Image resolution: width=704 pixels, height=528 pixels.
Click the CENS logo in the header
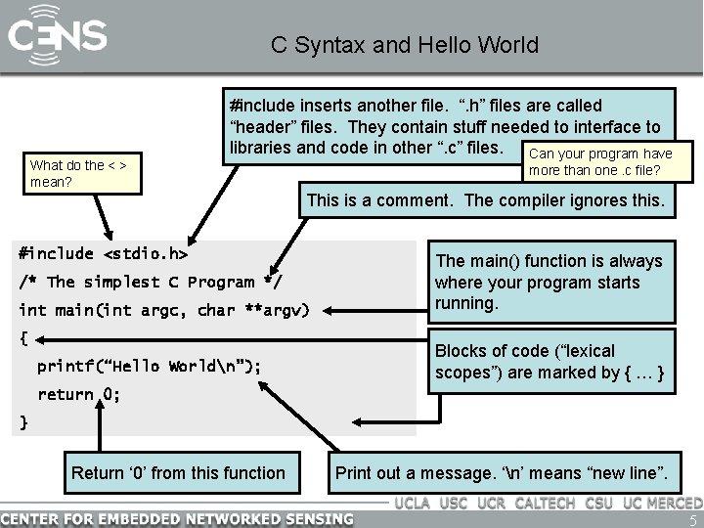pos(57,37)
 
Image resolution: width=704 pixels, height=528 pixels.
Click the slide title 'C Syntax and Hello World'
pos(404,45)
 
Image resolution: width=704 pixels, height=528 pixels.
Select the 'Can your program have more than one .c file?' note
pos(599,162)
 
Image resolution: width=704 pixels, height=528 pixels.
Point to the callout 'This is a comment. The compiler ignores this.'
pos(486,201)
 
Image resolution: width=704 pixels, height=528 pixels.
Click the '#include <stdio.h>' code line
pos(103,253)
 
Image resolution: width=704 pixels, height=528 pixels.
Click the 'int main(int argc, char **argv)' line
pos(163,311)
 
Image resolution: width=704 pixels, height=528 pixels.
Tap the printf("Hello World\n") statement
pos(149,367)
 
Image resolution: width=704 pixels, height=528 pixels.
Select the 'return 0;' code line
pos(78,395)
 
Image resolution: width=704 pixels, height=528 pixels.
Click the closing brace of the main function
pos(24,422)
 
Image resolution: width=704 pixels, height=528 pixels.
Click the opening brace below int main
pos(24,339)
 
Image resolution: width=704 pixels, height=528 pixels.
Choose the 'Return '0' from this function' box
pos(178,473)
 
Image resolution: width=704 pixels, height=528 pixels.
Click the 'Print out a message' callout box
pos(502,473)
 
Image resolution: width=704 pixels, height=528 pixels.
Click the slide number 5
pos(692,519)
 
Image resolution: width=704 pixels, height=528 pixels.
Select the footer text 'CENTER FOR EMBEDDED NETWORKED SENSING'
pos(177,517)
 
